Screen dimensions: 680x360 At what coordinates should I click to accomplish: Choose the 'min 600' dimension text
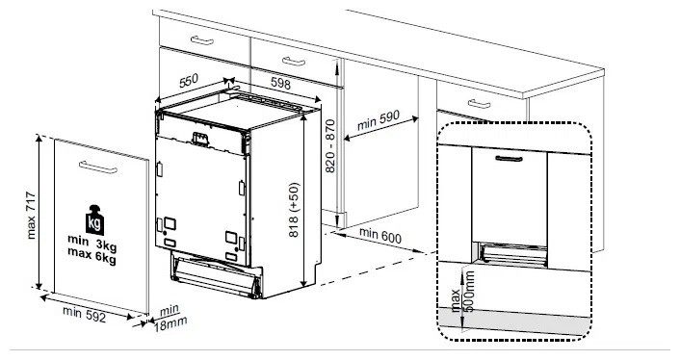pos(380,233)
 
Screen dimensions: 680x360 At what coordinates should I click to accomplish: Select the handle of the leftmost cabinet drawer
pos(203,39)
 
